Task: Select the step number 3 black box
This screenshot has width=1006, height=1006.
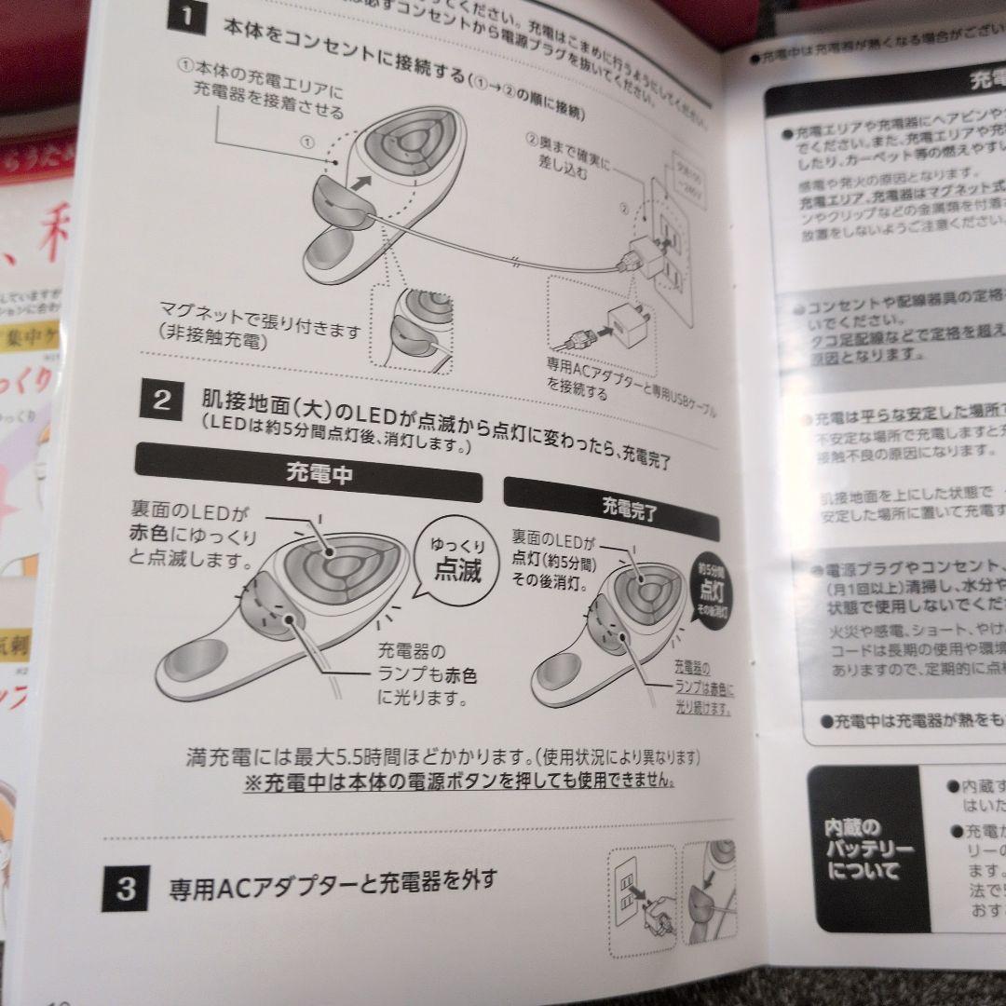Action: [x=126, y=889]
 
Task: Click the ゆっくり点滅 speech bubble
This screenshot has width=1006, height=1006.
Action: [x=457, y=559]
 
